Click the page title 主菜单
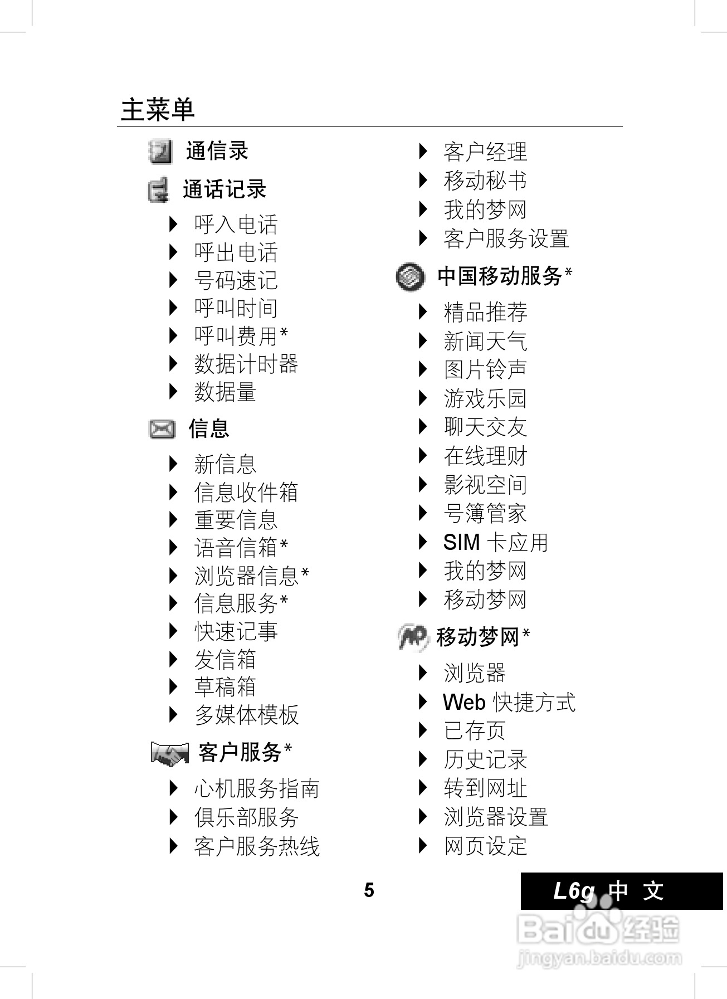click(158, 109)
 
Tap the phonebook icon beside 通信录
click(160, 152)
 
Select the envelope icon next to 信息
click(162, 429)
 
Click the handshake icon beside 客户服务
click(169, 753)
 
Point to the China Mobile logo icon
click(411, 277)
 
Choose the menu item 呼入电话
click(236, 225)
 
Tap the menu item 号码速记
click(236, 280)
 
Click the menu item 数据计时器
click(246, 364)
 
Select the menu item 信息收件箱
click(246, 493)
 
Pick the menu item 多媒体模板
click(246, 715)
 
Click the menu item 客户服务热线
click(256, 846)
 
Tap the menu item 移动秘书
click(485, 181)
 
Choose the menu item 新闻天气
click(485, 341)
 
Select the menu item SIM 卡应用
click(495, 542)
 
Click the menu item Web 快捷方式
click(509, 702)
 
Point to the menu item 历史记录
click(485, 759)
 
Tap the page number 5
click(369, 890)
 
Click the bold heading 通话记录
click(225, 189)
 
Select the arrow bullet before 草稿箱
click(173, 686)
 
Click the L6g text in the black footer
click(574, 891)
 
